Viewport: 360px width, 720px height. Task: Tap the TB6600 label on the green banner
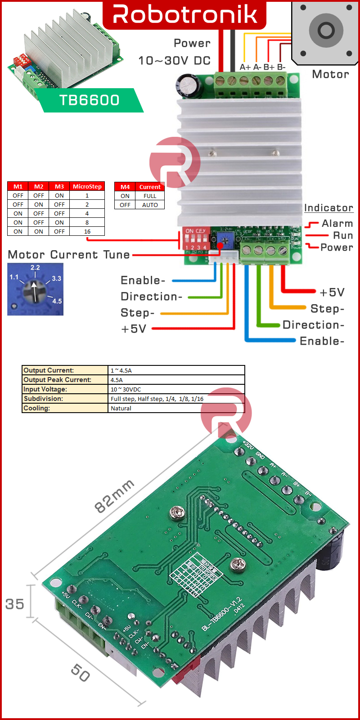coord(89,100)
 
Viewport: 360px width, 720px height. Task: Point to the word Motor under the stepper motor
coord(330,74)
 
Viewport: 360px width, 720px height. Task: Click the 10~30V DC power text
coord(175,61)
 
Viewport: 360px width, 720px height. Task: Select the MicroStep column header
coord(87,186)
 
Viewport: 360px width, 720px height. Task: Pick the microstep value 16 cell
coord(87,231)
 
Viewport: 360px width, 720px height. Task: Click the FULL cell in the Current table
coord(150,196)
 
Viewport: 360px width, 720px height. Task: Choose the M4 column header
coord(125,187)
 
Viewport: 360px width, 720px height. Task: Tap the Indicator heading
coord(328,208)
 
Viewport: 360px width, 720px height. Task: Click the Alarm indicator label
coord(337,224)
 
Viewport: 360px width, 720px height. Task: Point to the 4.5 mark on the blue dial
coord(57,301)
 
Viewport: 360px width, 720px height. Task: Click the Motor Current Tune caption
coord(69,255)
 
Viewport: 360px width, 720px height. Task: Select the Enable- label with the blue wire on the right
coord(322,341)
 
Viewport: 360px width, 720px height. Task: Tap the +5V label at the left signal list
coord(134,329)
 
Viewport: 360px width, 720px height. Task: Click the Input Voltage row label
coord(45,389)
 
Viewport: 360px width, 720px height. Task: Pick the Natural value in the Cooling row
coord(121,408)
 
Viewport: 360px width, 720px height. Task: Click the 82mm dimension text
coord(114,496)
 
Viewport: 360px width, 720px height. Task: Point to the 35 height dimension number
coord(14,604)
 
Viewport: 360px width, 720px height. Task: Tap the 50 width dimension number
coord(81,673)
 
